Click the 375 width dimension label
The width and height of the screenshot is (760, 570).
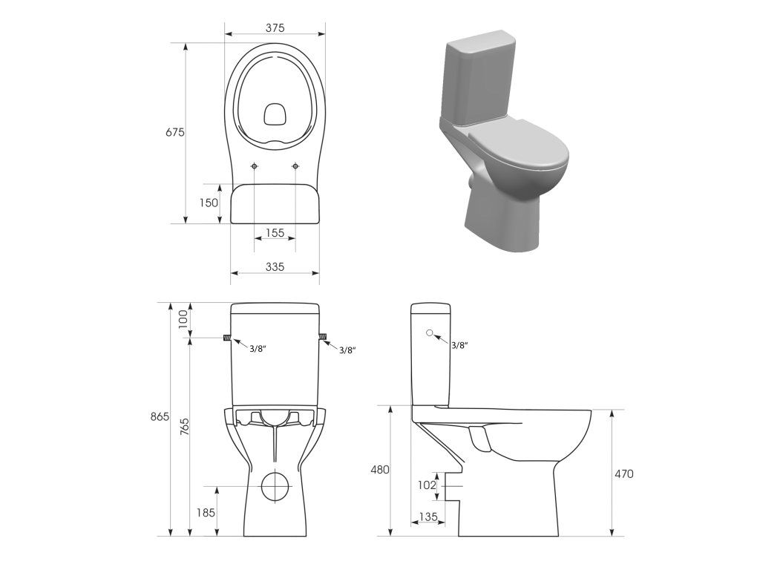pyautogui.click(x=275, y=27)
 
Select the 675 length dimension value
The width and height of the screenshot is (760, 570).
pyautogui.click(x=175, y=132)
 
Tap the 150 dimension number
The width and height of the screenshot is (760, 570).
pyautogui.click(x=209, y=203)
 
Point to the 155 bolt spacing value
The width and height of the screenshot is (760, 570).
pyautogui.click(x=275, y=232)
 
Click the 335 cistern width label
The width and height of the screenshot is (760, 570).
pyautogui.click(x=275, y=266)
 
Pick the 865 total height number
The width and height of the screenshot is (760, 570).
pyautogui.click(x=160, y=416)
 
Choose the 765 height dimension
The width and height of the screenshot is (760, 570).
pyautogui.click(x=185, y=427)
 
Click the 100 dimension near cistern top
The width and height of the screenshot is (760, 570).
pyautogui.click(x=183, y=319)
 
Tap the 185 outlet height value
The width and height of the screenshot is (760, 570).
pyautogui.click(x=206, y=512)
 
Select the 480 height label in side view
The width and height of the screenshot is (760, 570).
pyautogui.click(x=379, y=470)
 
